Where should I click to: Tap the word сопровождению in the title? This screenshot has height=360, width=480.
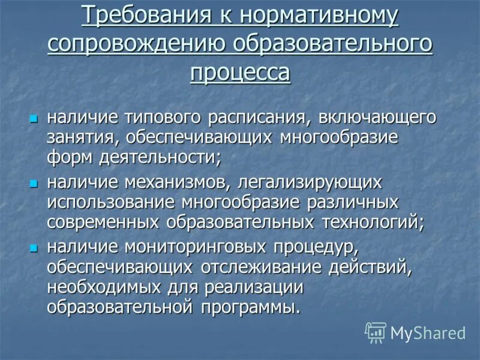(137, 44)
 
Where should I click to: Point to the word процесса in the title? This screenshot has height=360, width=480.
(240, 73)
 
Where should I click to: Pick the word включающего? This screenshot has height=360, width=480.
(368, 116)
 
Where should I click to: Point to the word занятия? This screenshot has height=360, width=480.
(84, 138)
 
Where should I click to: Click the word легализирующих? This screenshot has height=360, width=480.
(312, 181)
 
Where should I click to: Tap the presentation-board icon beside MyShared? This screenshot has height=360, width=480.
(376, 332)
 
